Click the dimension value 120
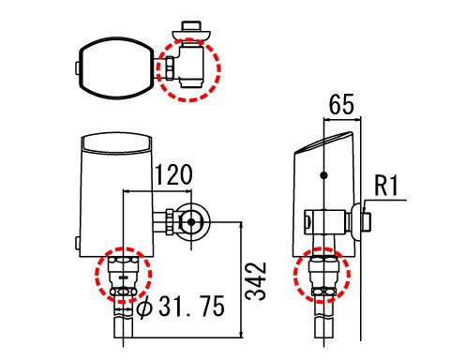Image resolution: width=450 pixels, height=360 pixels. pyautogui.click(x=173, y=174)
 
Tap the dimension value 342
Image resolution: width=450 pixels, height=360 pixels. pyautogui.click(x=256, y=281)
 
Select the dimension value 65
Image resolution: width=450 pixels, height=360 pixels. pyautogui.click(x=341, y=104)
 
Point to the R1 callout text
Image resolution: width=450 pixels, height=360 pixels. pyautogui.click(x=387, y=186)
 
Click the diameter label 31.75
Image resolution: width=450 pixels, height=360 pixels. pyautogui.click(x=191, y=307)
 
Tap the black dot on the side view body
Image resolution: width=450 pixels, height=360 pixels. pyautogui.click(x=324, y=175)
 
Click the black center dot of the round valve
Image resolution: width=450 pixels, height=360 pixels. pyautogui.click(x=191, y=222)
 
